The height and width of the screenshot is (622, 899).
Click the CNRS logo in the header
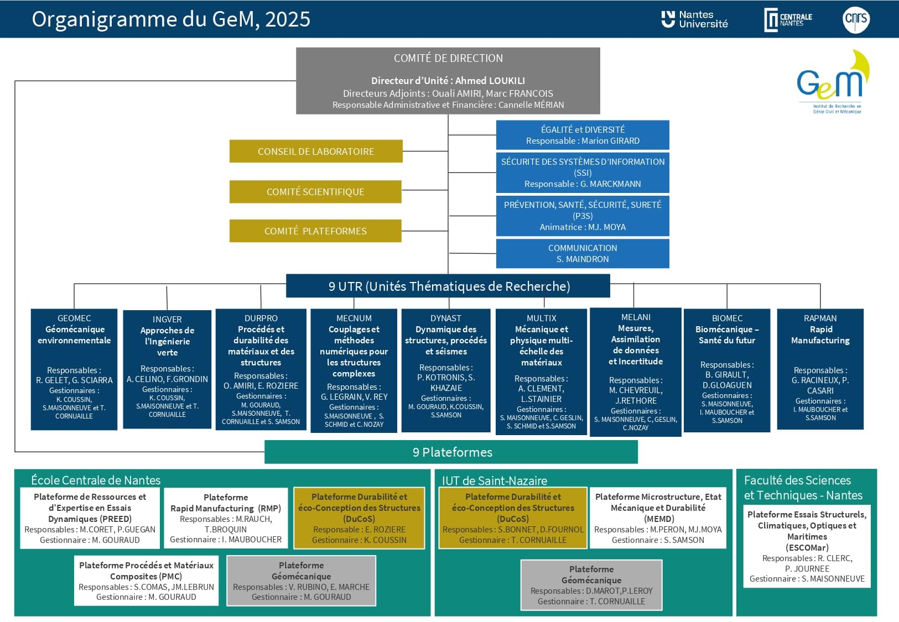[856, 20]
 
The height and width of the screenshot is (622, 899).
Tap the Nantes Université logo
[694, 19]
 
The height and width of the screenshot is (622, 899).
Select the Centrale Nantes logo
[788, 20]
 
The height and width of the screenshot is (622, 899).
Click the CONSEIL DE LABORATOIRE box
[316, 151]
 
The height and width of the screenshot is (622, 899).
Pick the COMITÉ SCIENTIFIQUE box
[315, 192]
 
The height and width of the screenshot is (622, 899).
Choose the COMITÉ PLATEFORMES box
[315, 231]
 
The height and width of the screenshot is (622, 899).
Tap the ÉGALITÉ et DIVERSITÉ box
[583, 135]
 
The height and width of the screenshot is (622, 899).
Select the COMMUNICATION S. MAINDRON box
[583, 253]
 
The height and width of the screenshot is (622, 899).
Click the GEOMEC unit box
[74, 369]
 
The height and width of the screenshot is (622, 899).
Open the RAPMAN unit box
[820, 369]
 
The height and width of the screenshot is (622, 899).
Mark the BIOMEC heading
[727, 318]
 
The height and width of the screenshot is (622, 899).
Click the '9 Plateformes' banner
[451, 452]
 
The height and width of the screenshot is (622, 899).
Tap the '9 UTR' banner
[448, 286]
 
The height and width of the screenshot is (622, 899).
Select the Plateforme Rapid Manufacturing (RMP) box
[226, 518]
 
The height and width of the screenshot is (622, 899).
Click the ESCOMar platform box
[807, 546]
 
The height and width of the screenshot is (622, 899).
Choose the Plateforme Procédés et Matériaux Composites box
[147, 581]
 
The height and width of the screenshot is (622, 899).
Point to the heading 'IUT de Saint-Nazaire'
[495, 480]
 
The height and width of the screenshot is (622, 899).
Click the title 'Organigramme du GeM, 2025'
[171, 19]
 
